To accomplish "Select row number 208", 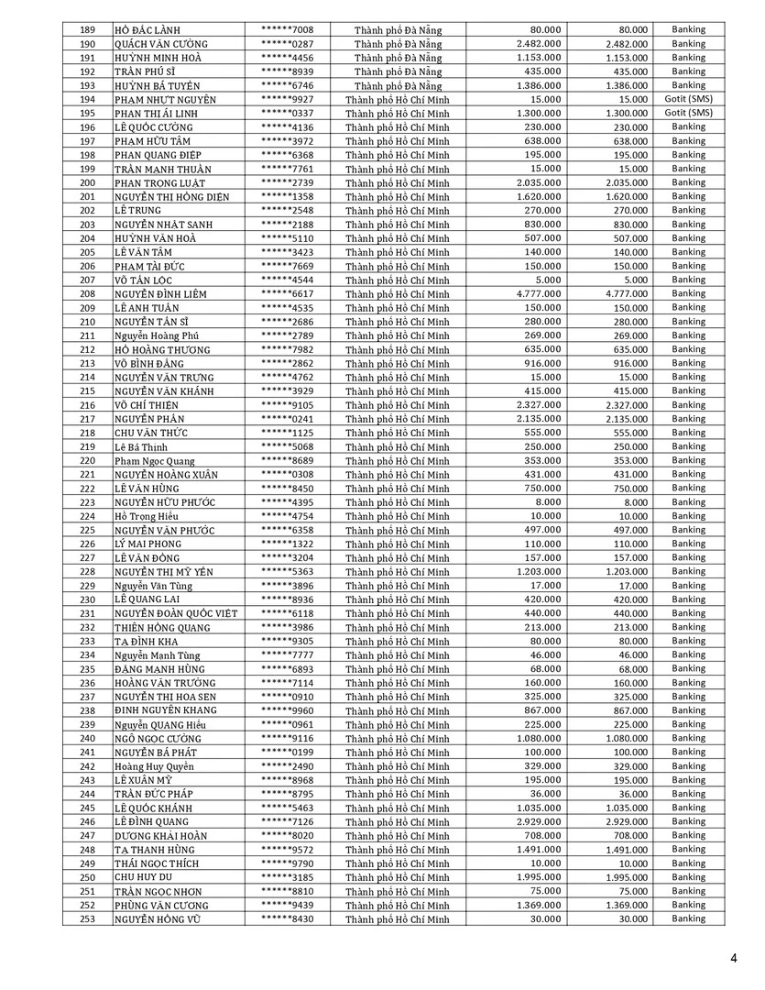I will pos(88,294).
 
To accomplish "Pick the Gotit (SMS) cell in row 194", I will pos(688,99).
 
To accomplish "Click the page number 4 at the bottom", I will pos(734,959).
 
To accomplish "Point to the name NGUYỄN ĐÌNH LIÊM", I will pos(160,294).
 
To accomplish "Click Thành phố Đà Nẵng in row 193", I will pos(398,85).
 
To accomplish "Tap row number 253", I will pos(88,918).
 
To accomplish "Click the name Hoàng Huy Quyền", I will pos(154,766).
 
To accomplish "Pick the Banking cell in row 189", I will pos(688,29).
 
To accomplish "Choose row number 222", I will pos(88,489).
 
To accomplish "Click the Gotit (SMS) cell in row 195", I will pos(688,113).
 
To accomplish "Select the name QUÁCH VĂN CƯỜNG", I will pos(161,44).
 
